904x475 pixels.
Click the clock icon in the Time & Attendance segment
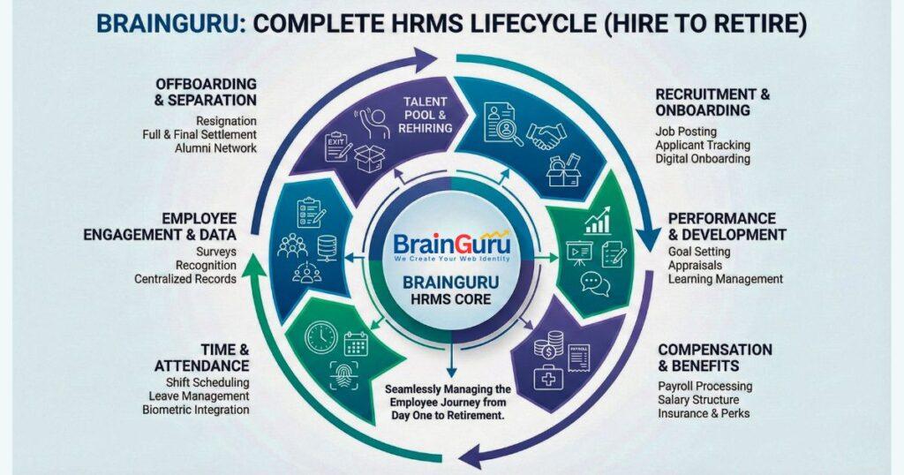click(x=320, y=338)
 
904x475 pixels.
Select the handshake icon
click(x=546, y=135)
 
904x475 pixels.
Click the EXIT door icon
click(x=337, y=146)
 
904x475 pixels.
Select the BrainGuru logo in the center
click(x=452, y=244)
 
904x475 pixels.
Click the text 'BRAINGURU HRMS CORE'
click(x=452, y=292)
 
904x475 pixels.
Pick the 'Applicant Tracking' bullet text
click(x=703, y=145)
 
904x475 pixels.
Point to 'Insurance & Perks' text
click(x=704, y=413)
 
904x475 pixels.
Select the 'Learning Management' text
click(x=725, y=279)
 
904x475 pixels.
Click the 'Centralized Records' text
click(x=185, y=279)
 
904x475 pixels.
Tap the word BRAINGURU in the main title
click(x=165, y=23)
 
